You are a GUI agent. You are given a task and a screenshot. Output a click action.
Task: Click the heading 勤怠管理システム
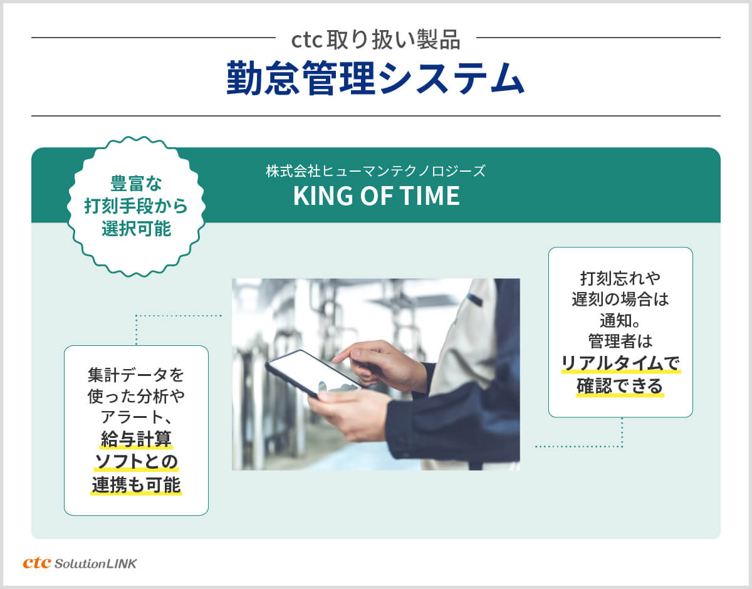[375, 78]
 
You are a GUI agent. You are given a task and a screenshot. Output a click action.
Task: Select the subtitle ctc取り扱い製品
[376, 40]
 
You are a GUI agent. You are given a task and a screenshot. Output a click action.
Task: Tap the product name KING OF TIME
[377, 195]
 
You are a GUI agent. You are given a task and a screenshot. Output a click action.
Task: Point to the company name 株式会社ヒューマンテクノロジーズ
[376, 171]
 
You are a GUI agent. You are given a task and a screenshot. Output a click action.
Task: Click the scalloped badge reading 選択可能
[136, 207]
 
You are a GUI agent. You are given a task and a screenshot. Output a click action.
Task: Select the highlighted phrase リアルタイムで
[620, 363]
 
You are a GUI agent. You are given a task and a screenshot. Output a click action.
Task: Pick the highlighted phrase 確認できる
[620, 386]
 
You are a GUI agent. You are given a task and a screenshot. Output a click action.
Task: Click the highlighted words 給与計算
[136, 440]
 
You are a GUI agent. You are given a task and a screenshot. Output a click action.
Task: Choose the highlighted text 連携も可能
[136, 484]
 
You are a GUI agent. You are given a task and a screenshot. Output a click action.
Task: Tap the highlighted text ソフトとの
[136, 462]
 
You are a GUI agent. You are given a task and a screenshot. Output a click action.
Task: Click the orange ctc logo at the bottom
[37, 563]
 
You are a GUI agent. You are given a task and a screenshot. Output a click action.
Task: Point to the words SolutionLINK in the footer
[95, 564]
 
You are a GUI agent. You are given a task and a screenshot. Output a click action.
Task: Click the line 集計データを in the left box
[136, 375]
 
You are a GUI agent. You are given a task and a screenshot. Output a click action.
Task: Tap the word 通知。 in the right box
[620, 321]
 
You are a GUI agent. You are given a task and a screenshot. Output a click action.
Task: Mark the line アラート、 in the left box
[136, 417]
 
